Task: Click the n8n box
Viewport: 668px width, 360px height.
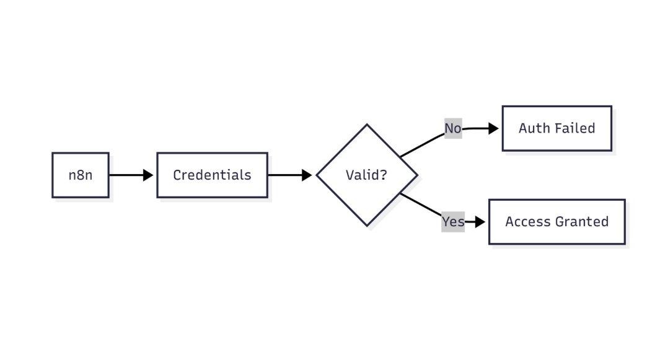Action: coord(81,175)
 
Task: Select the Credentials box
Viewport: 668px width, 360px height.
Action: coord(212,175)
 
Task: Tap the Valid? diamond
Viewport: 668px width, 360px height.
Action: coord(367,175)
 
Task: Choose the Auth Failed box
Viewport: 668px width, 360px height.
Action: coord(556,128)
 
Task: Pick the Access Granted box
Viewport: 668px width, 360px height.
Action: coord(556,222)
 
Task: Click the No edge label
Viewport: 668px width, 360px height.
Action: coord(453,128)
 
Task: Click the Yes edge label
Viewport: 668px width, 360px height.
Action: coord(453,221)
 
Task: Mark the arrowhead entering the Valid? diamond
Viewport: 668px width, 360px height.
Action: coord(307,175)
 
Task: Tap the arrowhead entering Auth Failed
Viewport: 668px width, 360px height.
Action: coord(494,128)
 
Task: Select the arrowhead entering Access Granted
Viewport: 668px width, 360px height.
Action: coord(480,222)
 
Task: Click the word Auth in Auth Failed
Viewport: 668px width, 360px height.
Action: coord(530,128)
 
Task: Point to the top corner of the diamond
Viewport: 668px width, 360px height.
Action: coord(367,125)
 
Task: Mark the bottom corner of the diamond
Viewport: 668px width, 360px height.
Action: coord(367,226)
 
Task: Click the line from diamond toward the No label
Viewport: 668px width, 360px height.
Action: coord(421,144)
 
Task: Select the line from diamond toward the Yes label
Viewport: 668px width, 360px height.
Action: coord(421,206)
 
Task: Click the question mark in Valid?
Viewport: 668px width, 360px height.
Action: coord(384,175)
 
